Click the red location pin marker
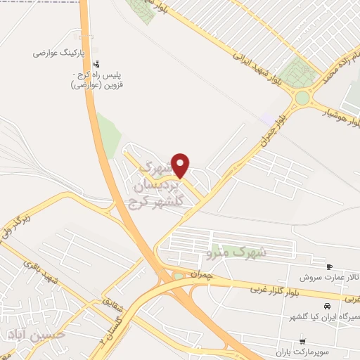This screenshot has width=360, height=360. click(181, 165)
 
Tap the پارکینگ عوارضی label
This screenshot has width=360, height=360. click(60, 53)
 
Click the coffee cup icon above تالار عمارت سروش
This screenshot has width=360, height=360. click(330, 266)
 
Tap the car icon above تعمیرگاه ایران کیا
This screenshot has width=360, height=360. click(327, 306)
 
